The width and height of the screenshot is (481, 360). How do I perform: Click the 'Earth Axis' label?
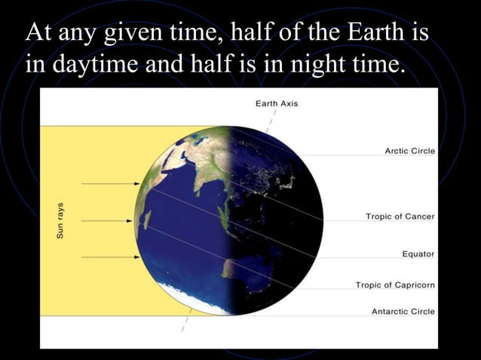point(277,103)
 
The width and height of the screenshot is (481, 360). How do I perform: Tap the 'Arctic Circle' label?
point(409,151)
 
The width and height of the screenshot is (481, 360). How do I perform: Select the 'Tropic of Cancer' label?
point(400,216)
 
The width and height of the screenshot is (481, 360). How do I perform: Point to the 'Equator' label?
point(418,254)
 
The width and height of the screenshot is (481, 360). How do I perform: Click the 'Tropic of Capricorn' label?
point(395,285)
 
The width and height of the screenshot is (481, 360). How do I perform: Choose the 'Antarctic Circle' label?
point(403,311)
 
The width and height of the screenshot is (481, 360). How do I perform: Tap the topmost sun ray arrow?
point(109,183)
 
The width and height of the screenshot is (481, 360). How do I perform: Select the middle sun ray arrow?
point(109,221)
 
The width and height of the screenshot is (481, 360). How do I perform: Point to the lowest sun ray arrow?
point(109,257)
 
